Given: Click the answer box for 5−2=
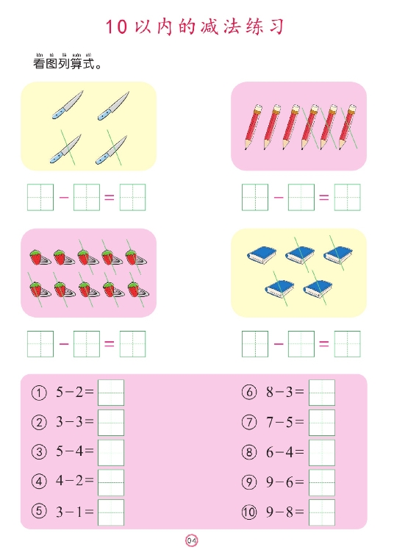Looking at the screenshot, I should (111, 393).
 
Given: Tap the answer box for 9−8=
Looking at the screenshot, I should (322, 512).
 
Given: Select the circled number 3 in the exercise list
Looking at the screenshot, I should (38, 452).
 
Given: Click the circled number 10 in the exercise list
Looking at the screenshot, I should (249, 512).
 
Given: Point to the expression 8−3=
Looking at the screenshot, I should (284, 393).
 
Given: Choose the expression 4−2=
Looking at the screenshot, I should (75, 482).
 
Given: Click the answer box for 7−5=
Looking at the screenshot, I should (322, 423).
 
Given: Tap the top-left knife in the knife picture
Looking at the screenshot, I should (68, 105).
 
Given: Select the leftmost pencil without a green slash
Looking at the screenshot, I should (251, 126).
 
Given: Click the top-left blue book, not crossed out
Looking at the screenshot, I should (262, 254).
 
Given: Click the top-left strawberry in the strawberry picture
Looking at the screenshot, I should (37, 257).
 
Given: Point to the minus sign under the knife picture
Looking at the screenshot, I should (63, 197).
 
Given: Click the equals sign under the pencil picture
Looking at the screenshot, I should (324, 197).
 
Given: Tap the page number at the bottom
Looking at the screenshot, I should (192, 541).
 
